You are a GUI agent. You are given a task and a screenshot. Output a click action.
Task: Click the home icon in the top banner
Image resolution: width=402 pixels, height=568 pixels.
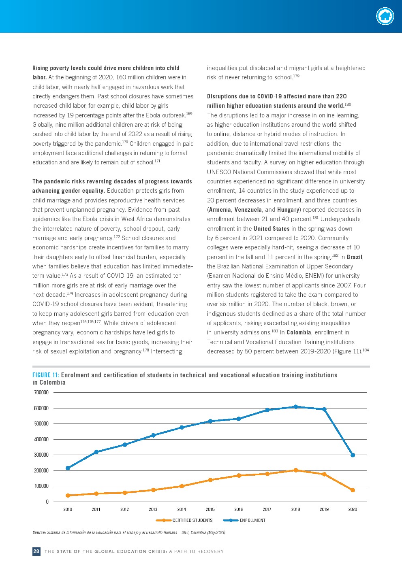385,16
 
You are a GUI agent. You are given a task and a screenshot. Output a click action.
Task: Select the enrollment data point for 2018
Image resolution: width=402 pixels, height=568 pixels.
296,407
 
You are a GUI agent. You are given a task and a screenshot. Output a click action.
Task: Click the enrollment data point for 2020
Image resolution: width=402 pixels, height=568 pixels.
353,455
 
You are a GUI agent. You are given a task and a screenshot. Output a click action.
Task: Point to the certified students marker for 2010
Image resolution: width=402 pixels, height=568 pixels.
68,495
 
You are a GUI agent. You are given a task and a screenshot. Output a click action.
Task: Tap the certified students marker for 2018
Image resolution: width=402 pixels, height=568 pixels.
296,470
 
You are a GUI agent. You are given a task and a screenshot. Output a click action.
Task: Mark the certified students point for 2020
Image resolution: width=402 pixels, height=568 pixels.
353,490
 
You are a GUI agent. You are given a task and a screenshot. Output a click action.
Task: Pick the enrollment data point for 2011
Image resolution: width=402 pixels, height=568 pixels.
96,452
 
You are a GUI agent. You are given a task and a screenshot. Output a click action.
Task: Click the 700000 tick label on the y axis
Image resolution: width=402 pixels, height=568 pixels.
41,392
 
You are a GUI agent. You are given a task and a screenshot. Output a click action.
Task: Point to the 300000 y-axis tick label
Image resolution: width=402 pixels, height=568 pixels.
41,455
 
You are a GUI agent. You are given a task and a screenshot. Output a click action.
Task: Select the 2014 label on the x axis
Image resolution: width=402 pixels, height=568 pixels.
182,509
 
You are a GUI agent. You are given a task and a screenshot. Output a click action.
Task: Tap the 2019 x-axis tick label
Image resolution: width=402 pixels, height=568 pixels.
324,509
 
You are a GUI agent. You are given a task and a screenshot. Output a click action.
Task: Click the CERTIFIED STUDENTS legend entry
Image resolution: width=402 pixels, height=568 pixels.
192,520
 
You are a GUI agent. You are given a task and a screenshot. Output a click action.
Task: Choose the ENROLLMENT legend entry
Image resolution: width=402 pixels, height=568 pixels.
252,520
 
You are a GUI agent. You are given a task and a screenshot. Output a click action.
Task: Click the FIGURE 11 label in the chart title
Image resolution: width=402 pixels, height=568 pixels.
46,375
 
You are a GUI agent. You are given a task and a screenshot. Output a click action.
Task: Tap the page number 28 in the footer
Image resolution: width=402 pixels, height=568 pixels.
36,551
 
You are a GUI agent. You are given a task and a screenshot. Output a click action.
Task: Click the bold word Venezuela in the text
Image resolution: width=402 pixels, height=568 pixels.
248,210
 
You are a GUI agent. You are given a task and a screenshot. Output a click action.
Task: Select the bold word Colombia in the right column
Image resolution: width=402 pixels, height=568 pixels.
299,332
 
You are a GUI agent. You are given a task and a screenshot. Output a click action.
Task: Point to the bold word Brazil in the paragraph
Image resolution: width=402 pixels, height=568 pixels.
355,257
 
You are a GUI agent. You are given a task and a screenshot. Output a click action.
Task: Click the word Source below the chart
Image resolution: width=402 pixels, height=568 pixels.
39,532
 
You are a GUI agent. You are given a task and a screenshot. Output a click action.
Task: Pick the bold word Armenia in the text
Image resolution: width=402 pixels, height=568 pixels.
220,210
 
